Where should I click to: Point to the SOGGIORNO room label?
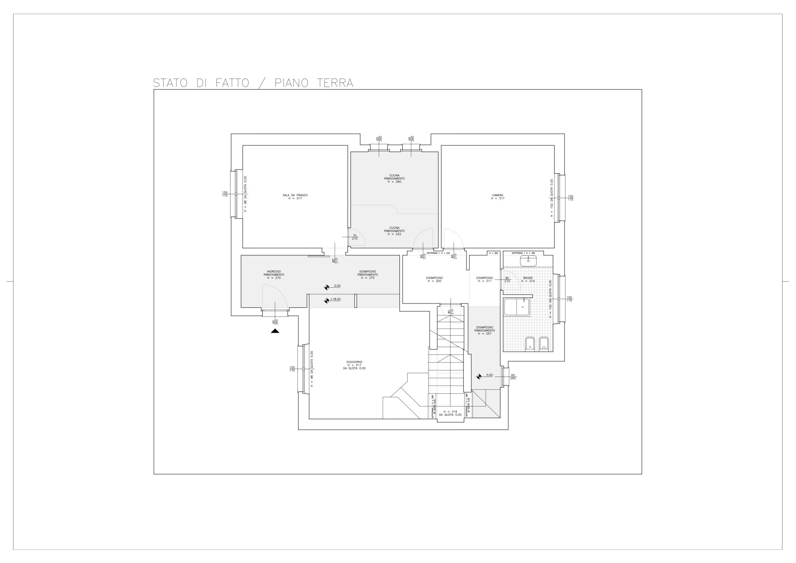coord(354,362)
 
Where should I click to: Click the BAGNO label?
coord(528,278)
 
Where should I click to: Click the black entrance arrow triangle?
coord(275,331)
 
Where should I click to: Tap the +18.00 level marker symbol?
coord(326,300)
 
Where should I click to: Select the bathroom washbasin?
coord(528,261)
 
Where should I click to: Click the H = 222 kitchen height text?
coord(395,234)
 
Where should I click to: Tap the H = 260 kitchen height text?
coord(395,182)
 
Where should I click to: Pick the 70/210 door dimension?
coord(354,237)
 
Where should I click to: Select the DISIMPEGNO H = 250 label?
coord(434,279)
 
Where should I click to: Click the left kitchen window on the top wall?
coord(379,147)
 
